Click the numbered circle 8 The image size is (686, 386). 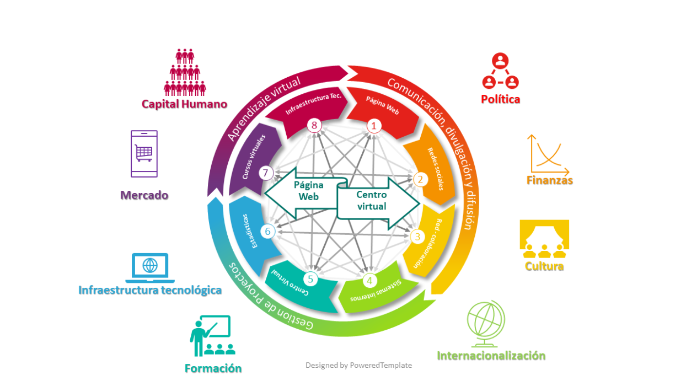point(314,126)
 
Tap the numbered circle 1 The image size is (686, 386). point(374,126)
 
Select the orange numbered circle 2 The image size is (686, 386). point(420,179)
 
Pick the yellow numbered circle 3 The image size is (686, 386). point(417,237)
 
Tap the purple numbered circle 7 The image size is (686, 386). point(266,173)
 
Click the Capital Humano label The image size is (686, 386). point(184,104)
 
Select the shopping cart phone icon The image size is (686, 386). point(144,153)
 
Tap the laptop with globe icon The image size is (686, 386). point(150,267)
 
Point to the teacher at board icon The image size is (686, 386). point(210,335)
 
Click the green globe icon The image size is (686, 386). point(485,323)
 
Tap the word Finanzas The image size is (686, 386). point(550,180)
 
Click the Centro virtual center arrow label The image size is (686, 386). point(372,201)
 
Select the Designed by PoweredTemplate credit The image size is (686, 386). point(358,365)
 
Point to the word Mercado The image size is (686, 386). point(144,195)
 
